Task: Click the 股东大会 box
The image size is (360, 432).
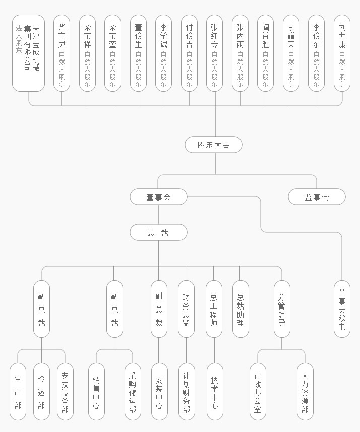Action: tap(213, 145)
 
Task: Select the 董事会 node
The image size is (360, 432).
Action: tap(158, 197)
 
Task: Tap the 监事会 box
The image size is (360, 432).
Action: tap(317, 197)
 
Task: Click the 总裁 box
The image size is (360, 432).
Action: tap(158, 233)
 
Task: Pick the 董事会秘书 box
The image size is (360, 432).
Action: tap(342, 309)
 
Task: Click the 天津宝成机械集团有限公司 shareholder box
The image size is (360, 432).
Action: tap(29, 53)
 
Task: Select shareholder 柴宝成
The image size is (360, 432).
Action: tap(62, 53)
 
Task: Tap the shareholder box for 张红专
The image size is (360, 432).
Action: tap(214, 53)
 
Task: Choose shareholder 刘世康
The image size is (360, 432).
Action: tap(342, 53)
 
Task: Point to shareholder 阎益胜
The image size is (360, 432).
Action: tap(265, 53)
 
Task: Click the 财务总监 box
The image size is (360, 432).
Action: tap(186, 309)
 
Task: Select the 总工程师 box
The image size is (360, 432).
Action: tap(214, 309)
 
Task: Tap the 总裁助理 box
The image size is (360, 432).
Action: tap(241, 309)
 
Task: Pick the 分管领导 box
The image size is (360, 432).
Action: tap(282, 309)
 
